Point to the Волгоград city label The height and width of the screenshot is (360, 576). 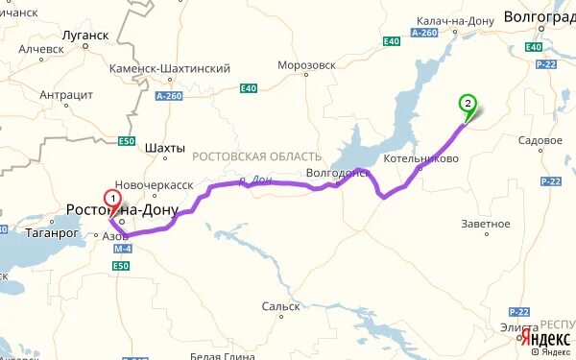[x=540, y=17]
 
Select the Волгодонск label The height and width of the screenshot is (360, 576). [x=336, y=174]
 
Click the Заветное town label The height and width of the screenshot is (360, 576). [x=486, y=224]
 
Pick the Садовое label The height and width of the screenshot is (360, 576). [x=540, y=140]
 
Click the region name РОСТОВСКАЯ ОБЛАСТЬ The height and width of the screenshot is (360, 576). [x=256, y=156]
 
